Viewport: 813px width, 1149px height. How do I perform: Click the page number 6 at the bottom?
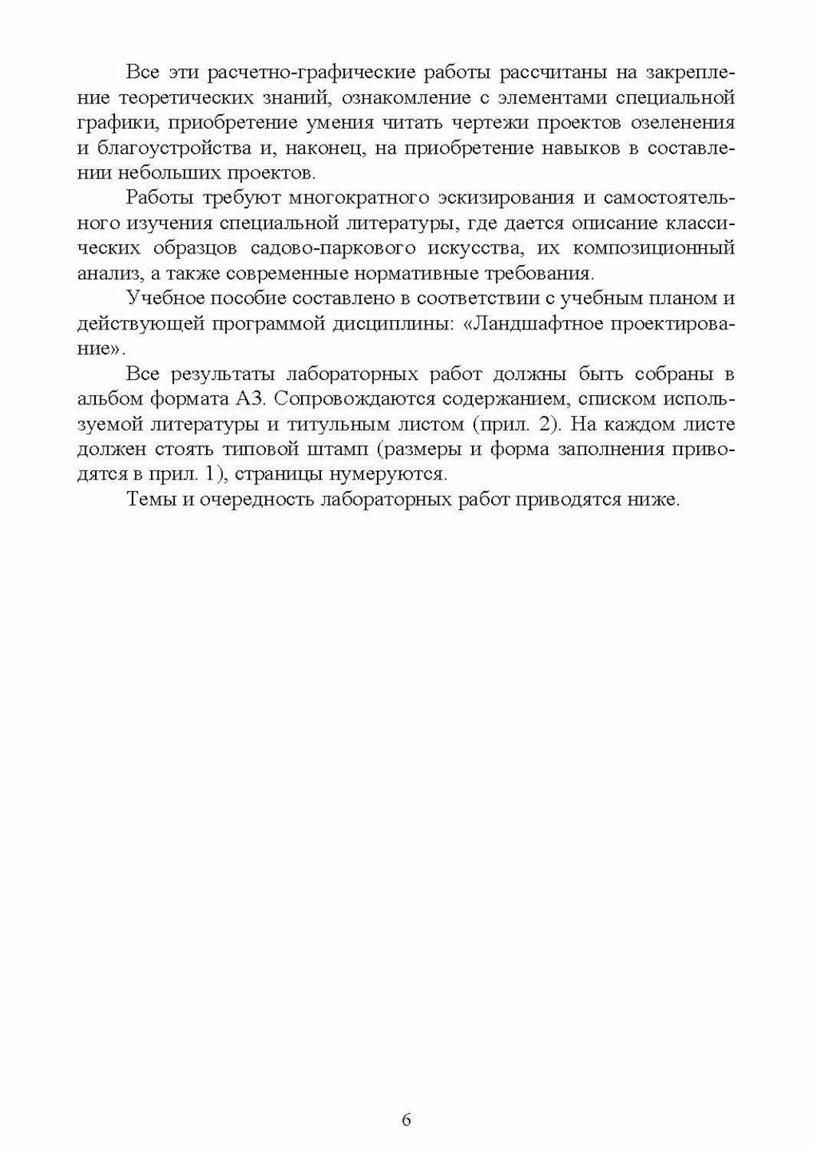click(406, 1120)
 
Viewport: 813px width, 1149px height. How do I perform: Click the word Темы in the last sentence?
click(150, 499)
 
